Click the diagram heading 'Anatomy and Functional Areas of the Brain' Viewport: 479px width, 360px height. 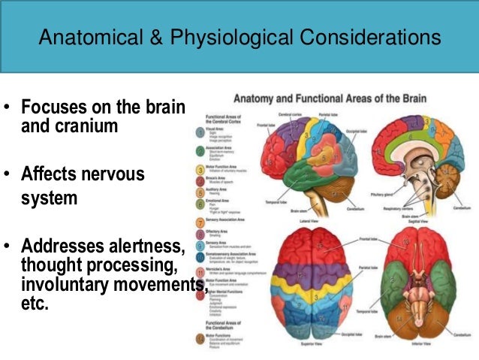click(x=331, y=98)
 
